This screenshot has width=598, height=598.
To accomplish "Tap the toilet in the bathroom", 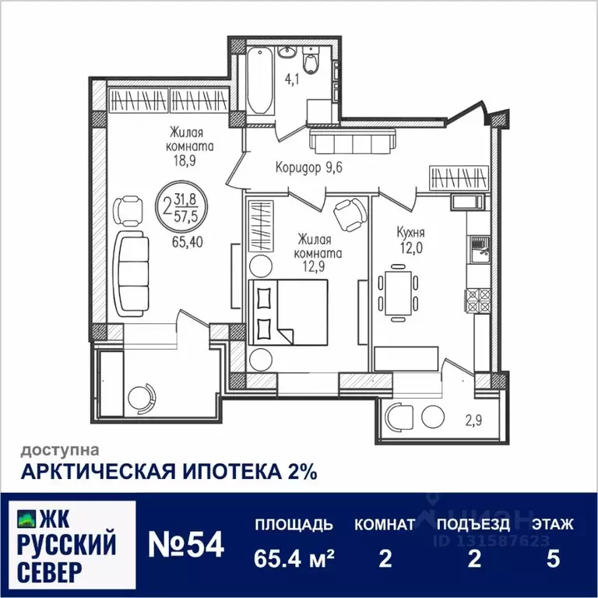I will pos(311,62).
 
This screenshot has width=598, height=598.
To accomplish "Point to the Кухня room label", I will pos(410,232).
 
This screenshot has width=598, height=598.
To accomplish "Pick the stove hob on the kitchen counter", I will pos(477,297).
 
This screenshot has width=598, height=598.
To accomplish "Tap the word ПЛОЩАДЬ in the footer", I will pos(294,524).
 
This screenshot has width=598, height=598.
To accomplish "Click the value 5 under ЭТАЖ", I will pos(554,559).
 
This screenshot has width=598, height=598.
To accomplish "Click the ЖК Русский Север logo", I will pos(70,543).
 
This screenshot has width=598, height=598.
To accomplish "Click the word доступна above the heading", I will pos(59,449).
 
